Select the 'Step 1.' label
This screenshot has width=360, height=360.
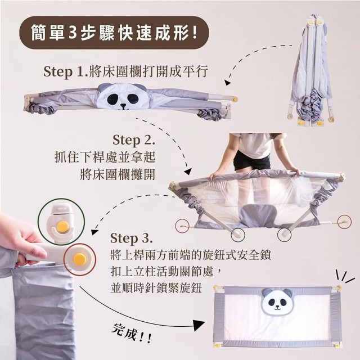(x=64, y=72)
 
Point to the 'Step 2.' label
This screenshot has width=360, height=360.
(x=133, y=139)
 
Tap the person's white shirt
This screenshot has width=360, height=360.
(x=253, y=143)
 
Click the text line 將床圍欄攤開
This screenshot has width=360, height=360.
(x=118, y=172)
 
